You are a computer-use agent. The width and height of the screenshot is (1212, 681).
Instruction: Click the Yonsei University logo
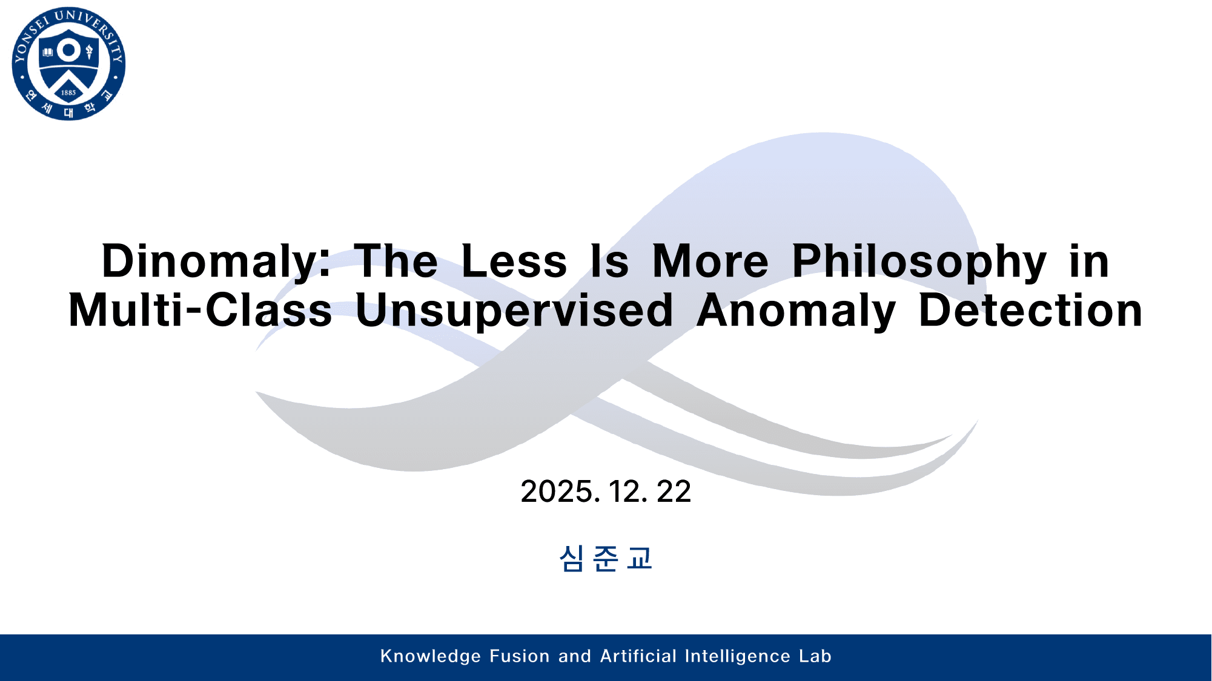point(68,64)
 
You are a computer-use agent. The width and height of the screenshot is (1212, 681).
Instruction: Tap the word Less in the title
point(514,262)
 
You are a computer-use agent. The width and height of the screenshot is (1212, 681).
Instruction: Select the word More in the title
point(710,262)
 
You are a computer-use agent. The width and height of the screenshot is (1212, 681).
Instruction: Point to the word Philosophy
point(919,262)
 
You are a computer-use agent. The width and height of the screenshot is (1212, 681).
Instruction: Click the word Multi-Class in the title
point(200,311)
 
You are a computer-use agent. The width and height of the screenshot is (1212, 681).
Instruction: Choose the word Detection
point(1030,311)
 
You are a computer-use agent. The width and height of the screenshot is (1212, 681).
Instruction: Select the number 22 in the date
point(674,491)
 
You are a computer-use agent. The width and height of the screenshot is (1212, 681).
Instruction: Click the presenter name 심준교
point(606,558)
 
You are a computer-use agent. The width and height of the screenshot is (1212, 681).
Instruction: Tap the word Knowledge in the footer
point(431,656)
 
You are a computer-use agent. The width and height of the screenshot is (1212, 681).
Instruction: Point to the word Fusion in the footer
point(520,656)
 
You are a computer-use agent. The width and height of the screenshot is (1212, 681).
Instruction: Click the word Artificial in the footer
point(638,656)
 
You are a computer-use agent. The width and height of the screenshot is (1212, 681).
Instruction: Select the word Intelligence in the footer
point(738,657)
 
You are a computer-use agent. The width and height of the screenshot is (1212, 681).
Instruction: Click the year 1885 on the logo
point(68,93)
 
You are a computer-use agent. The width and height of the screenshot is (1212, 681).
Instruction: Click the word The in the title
point(396,262)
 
